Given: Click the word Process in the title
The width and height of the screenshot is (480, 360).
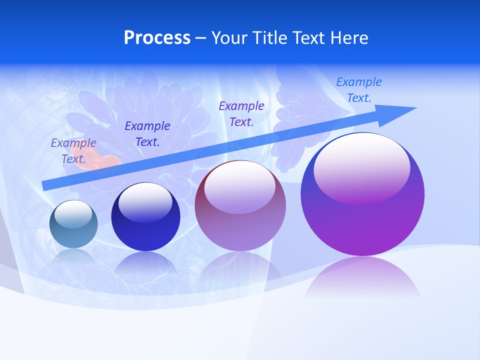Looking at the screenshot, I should pos(157,38).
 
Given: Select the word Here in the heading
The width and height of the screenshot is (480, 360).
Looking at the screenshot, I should pos(349,38).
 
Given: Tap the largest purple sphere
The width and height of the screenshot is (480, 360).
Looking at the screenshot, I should pos(362,225).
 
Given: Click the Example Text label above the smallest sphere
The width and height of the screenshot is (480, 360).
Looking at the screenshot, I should pos(73,151).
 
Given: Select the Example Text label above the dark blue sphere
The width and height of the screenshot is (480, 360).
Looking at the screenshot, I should pos(147,134).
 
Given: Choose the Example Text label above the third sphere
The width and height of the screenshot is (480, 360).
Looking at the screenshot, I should pos(241,113).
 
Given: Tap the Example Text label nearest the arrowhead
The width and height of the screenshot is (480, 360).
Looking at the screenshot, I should pos(359,90).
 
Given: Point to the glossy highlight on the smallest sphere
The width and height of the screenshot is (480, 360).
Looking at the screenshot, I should pos(73,212).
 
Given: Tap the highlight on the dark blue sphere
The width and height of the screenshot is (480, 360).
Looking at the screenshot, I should pos(145,200).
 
